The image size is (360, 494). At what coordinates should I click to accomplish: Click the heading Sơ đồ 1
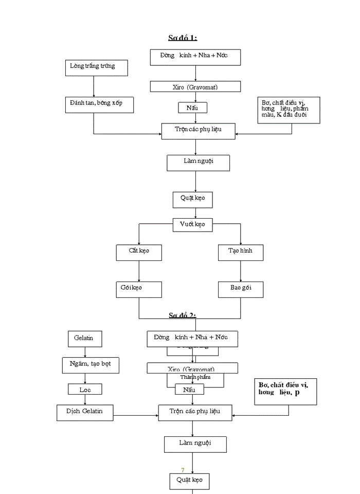tap(183, 38)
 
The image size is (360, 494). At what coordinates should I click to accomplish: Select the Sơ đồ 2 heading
tap(183, 315)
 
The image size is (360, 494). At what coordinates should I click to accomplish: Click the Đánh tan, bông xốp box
tap(100, 104)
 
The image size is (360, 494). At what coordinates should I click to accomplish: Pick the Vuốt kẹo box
tap(192, 225)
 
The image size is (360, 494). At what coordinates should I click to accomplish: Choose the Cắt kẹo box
tap(139, 252)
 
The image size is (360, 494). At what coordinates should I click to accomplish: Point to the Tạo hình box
tap(240, 252)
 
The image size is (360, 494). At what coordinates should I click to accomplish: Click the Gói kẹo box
tap(139, 289)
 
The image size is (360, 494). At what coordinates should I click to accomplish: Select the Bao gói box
tap(240, 289)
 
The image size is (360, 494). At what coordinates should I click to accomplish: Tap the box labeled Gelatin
tap(84, 339)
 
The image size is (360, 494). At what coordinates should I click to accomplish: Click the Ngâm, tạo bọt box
tap(91, 365)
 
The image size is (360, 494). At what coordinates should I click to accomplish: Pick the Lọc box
tap(85, 390)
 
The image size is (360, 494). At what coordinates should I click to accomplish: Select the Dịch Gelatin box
tap(85, 412)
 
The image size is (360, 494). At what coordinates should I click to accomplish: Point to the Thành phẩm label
tap(195, 377)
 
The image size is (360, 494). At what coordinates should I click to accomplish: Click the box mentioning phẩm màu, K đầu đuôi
tap(289, 110)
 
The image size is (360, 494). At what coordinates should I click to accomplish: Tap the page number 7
tap(183, 470)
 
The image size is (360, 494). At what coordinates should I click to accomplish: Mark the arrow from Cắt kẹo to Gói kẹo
tap(139, 271)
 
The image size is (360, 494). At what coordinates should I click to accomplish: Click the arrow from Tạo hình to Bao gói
tap(240, 271)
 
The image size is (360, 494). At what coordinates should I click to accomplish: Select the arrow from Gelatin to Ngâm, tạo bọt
tap(84, 352)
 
